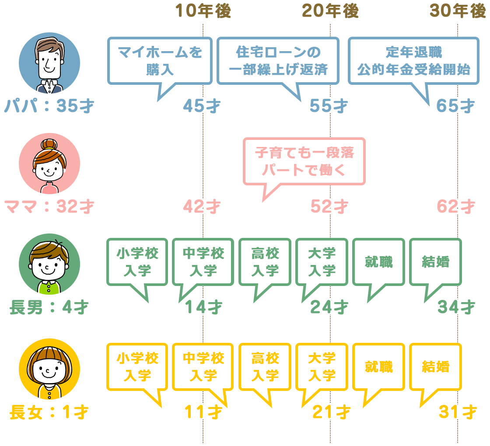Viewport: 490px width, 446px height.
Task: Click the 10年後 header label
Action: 203,12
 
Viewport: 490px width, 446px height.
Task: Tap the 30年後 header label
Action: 458,12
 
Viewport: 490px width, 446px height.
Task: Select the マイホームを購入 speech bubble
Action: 160,61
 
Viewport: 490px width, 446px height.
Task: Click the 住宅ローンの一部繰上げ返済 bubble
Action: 278,61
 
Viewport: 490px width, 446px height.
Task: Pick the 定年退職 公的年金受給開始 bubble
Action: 413,61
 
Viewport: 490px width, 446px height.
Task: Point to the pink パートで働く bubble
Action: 304,161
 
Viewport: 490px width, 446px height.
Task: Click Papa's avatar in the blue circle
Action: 49,63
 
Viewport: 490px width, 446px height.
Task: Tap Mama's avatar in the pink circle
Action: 49,164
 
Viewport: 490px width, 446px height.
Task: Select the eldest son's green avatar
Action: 49,264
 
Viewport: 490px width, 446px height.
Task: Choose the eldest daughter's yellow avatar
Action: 49,369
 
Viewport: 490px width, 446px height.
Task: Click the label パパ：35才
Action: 49,106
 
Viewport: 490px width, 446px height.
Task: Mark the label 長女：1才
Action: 49,412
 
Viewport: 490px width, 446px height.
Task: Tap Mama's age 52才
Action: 329,206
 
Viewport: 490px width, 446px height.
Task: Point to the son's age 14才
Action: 203,307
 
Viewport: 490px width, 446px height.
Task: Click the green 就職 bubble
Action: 378,262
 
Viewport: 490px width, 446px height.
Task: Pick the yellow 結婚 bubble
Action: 435,367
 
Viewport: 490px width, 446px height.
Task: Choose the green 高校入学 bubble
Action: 265,262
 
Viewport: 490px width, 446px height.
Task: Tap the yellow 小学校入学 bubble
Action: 137,367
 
